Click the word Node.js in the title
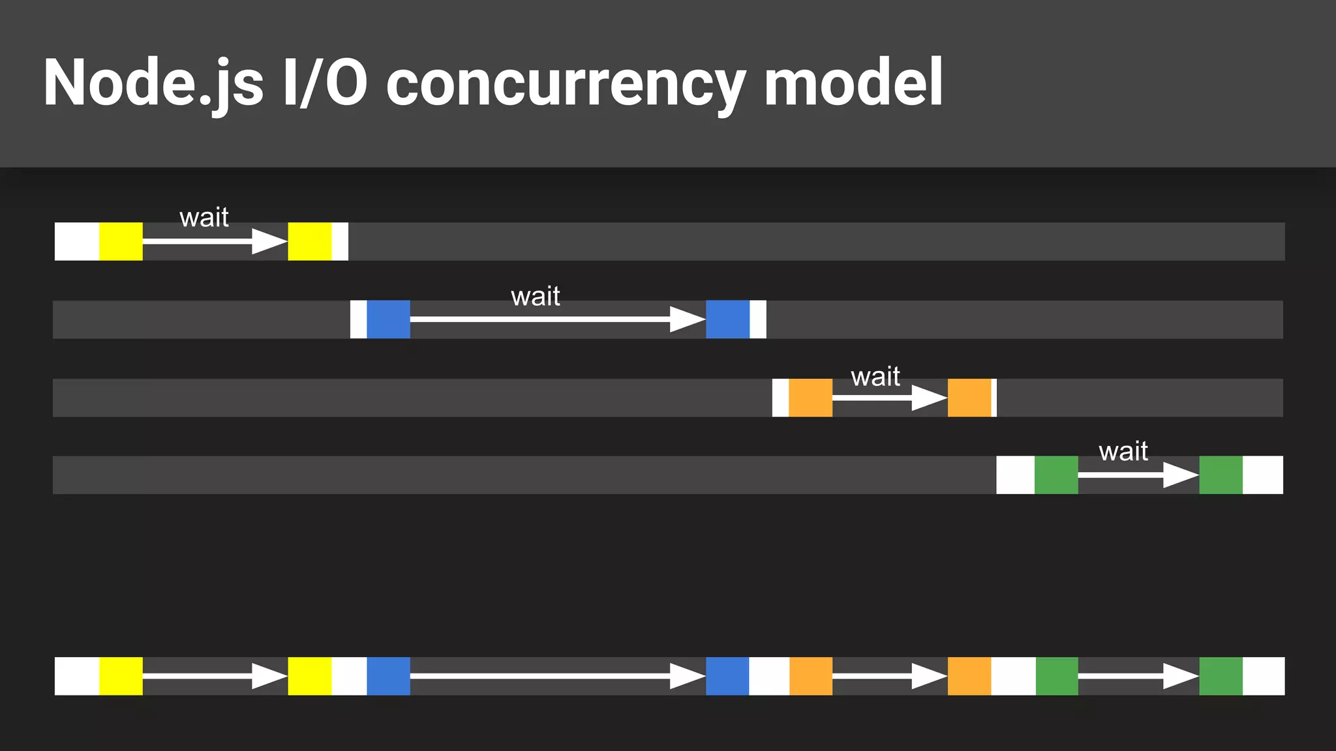pos(153,83)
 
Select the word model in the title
pos(853,83)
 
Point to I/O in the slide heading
pos(325,83)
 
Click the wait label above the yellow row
pos(204,217)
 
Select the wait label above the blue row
pos(536,297)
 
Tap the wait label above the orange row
pos(875,377)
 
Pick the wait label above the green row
pos(1123,451)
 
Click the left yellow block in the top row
pos(121,241)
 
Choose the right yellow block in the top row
pos(310,241)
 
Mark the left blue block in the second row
pos(388,319)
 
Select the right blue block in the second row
pos(727,319)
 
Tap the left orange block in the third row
pos(810,398)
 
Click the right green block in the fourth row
pos(1221,475)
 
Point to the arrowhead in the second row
pos(688,319)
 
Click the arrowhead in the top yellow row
pos(269,241)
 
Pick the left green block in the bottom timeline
pos(1057,676)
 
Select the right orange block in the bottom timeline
pos(969,676)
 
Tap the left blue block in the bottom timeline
pos(388,676)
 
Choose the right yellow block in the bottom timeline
pos(310,676)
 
